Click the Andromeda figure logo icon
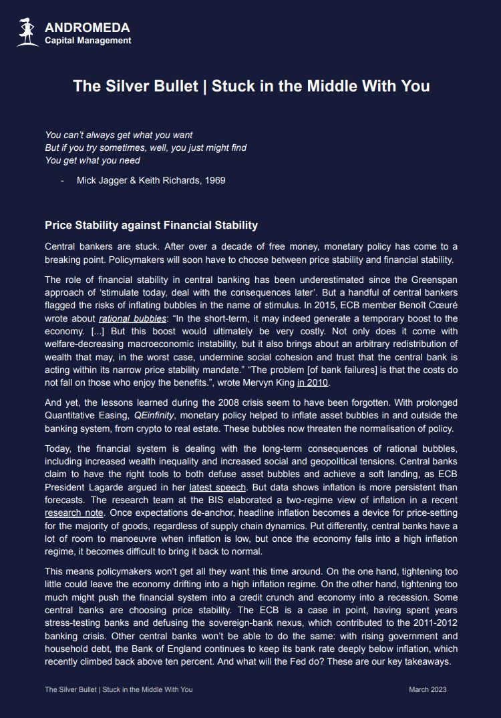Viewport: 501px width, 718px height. pyautogui.click(x=27, y=33)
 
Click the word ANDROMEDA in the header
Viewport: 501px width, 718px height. pyautogui.click(x=87, y=28)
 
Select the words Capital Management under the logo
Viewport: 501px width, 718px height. pyautogui.click(x=88, y=41)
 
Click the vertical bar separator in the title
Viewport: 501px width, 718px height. pyautogui.click(x=204, y=86)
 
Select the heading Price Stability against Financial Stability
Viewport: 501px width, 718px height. pyautogui.click(x=151, y=226)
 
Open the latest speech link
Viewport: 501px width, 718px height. pyautogui.click(x=218, y=487)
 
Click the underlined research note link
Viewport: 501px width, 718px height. pyautogui.click(x=74, y=513)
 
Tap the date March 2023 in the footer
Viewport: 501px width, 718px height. pyautogui.click(x=428, y=689)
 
